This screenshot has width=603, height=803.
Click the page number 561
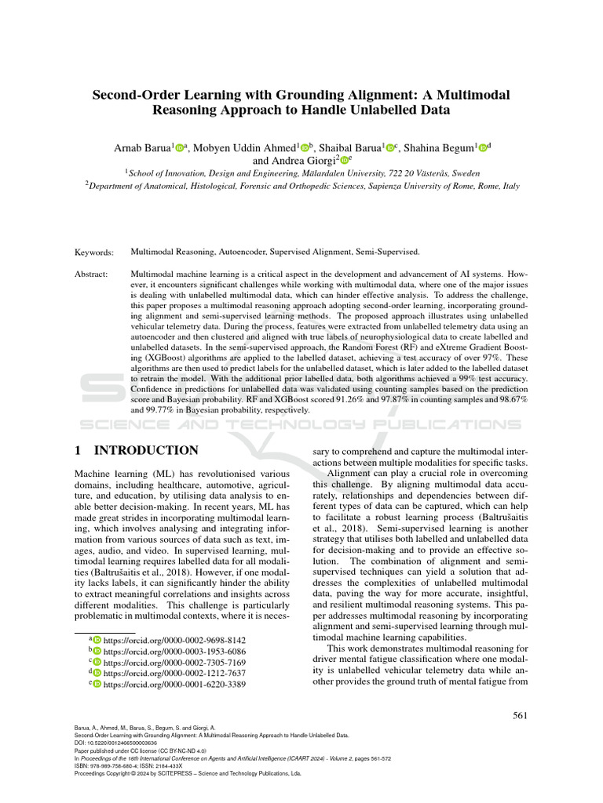(x=519, y=714)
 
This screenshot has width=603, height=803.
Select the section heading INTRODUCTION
(x=146, y=451)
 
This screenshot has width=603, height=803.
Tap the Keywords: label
(x=94, y=252)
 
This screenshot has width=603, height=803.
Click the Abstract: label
(x=92, y=275)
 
